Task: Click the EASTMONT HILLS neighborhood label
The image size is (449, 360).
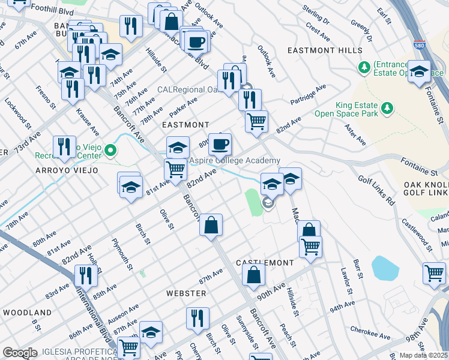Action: [324, 50]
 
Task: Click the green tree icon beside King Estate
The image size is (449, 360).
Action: [388, 107]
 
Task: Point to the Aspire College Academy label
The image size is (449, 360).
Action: [235, 161]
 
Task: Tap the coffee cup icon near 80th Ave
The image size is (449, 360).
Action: [220, 143]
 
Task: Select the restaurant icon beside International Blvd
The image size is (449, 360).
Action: [86, 275]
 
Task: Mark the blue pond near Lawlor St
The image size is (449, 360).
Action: [385, 269]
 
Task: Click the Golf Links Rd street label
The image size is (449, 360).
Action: [376, 191]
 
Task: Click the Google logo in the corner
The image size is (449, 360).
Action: [20, 352]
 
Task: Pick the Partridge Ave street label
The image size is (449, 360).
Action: [308, 95]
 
